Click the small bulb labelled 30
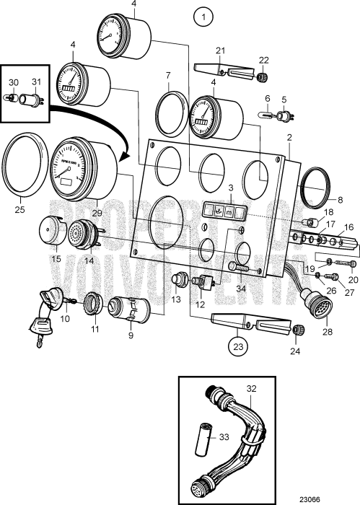(x=13, y=102)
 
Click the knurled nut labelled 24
(x=296, y=330)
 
